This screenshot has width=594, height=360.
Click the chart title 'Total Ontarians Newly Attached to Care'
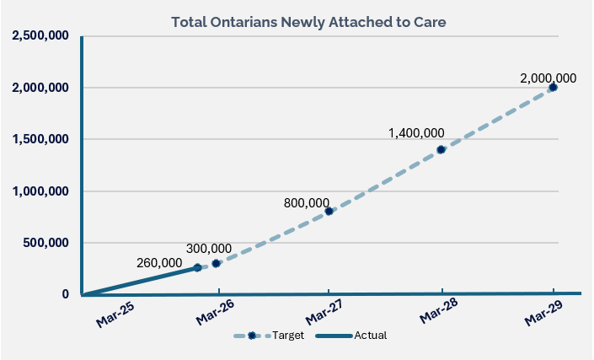(308, 22)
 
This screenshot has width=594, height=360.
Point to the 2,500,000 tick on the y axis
(40, 36)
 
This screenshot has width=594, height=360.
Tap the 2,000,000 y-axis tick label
(40, 88)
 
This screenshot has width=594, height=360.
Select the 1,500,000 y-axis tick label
(40, 139)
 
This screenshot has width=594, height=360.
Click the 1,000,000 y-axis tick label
(40, 191)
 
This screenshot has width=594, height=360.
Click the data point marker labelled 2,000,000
(553, 87)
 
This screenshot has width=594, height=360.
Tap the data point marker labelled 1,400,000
(441, 149)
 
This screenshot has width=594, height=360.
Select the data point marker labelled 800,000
(329, 211)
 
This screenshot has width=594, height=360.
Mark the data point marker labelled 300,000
(217, 263)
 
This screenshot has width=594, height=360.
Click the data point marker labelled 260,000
(197, 267)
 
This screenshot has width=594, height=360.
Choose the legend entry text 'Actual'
(371, 336)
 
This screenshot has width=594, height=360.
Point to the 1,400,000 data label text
(416, 133)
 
